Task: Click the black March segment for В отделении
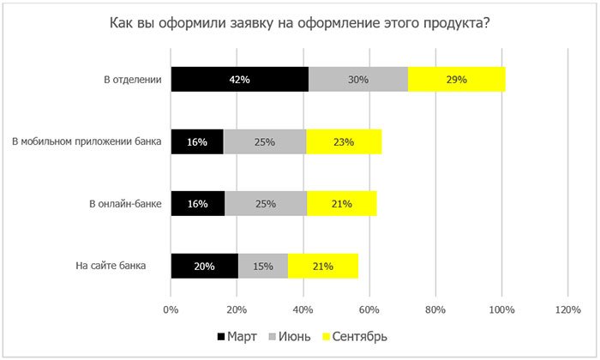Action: tap(239, 80)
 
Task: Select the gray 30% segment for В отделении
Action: tap(358, 80)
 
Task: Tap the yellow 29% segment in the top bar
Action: tap(456, 80)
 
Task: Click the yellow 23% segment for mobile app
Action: tap(343, 142)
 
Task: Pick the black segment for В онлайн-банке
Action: tap(197, 204)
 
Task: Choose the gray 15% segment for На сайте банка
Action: tap(263, 266)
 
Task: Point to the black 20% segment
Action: tap(204, 266)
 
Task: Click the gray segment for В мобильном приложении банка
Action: tap(264, 142)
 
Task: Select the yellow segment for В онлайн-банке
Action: tap(341, 204)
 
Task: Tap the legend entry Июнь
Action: tap(294, 334)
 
